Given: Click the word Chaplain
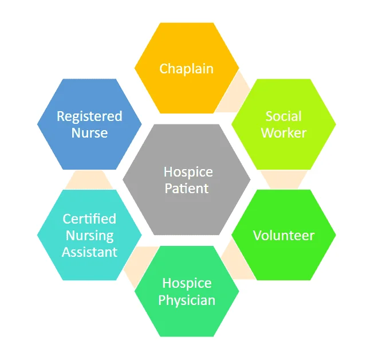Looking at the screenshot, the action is (186, 69).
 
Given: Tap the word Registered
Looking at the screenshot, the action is (89, 117).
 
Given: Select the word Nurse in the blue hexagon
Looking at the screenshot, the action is (89, 133).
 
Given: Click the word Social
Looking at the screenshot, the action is (283, 116).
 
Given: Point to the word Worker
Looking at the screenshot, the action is (284, 133).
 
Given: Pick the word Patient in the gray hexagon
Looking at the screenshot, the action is (187, 188).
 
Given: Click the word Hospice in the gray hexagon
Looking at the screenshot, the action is (188, 173).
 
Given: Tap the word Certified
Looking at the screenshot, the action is (89, 218).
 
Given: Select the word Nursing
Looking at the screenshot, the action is (90, 236).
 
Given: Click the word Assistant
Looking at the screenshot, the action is (90, 252).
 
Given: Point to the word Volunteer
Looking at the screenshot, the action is (284, 236).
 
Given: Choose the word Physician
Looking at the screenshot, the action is (187, 300).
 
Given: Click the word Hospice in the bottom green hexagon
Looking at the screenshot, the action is (187, 284).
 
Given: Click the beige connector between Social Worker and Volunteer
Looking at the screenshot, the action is (284, 179).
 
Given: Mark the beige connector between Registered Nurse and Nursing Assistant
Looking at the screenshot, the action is (89, 179).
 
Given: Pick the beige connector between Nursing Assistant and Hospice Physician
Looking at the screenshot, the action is (139, 265).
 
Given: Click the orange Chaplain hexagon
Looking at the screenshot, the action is (187, 68).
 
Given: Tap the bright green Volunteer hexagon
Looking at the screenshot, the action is (284, 235).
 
